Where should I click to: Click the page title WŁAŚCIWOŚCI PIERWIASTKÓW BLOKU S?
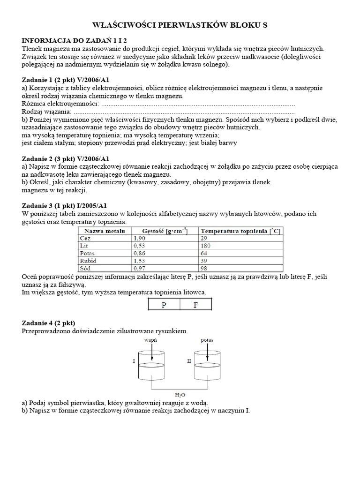click(x=180, y=25)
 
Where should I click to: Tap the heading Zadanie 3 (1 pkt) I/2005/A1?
click(x=66, y=206)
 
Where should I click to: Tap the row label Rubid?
click(x=88, y=260)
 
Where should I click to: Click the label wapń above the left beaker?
click(x=151, y=339)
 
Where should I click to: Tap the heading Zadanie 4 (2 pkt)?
click(x=49, y=323)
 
